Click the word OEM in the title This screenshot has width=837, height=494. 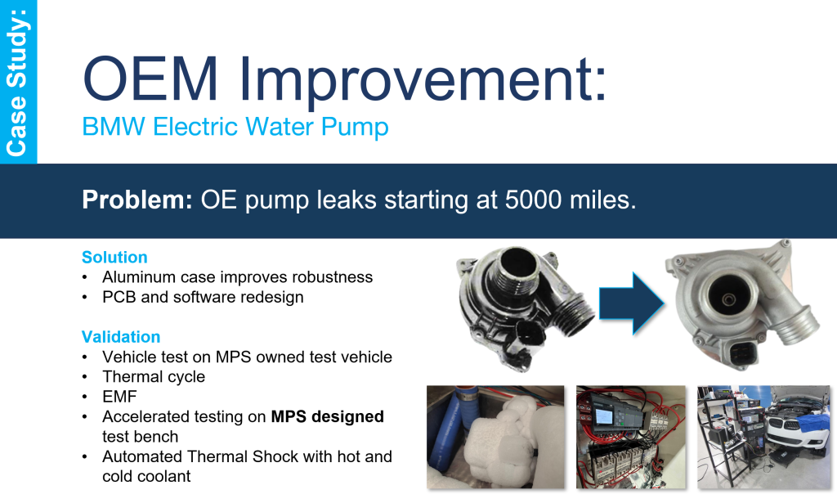[x=151, y=79]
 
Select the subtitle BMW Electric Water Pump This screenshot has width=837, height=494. [x=235, y=127]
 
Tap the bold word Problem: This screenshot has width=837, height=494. [x=137, y=200]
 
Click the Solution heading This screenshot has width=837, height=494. [x=114, y=257]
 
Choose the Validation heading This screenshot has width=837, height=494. [x=121, y=336]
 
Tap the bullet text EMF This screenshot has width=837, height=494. [x=119, y=397]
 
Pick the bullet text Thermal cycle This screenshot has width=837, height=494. [x=154, y=376]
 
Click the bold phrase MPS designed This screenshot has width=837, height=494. [x=327, y=416]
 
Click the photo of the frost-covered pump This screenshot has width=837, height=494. [x=495, y=437]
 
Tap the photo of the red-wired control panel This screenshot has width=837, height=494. [x=631, y=437]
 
